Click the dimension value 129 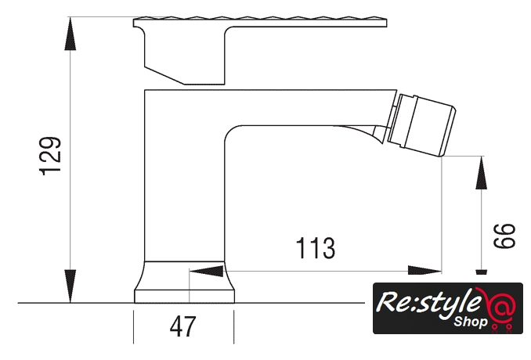pos(51,156)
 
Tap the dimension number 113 pos(316,248)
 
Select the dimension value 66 pos(504,236)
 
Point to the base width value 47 pos(182,326)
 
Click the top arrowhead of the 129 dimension pos(70,34)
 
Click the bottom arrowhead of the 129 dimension pos(70,286)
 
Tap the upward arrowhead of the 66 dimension pos(481,172)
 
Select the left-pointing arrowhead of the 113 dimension pos(206,271)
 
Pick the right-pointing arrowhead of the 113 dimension pos(424,271)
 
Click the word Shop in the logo pos(471,322)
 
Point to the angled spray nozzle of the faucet pos(421,125)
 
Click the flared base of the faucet pos(185,282)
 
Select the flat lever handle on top pos(260,22)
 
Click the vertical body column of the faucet pos(185,175)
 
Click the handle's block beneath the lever pos(185,56)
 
